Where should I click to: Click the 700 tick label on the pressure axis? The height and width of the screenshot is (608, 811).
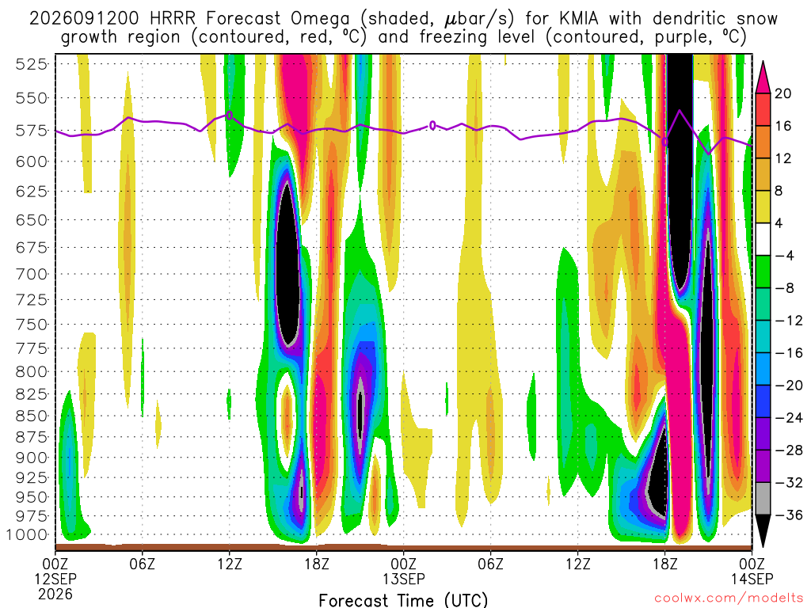(32, 274)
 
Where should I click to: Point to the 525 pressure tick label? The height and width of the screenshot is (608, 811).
(32, 64)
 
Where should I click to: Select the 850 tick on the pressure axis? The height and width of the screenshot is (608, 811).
(32, 416)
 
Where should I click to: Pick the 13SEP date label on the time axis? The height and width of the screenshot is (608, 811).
(404, 578)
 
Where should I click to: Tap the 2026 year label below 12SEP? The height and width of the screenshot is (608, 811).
(55, 594)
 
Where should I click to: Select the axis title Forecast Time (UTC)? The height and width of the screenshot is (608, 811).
(403, 600)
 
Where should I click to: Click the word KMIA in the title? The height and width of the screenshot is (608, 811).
(578, 19)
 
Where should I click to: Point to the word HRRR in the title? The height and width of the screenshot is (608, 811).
(172, 19)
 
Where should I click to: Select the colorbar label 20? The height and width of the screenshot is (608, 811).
(782, 93)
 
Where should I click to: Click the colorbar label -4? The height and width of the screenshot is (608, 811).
(784, 256)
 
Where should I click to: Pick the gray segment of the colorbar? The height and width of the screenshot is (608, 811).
(763, 499)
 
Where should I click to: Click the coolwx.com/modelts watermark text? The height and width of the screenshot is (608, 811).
(729, 598)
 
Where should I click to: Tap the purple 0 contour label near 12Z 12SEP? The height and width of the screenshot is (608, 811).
(229, 115)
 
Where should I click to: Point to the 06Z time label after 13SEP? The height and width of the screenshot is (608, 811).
(490, 563)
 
